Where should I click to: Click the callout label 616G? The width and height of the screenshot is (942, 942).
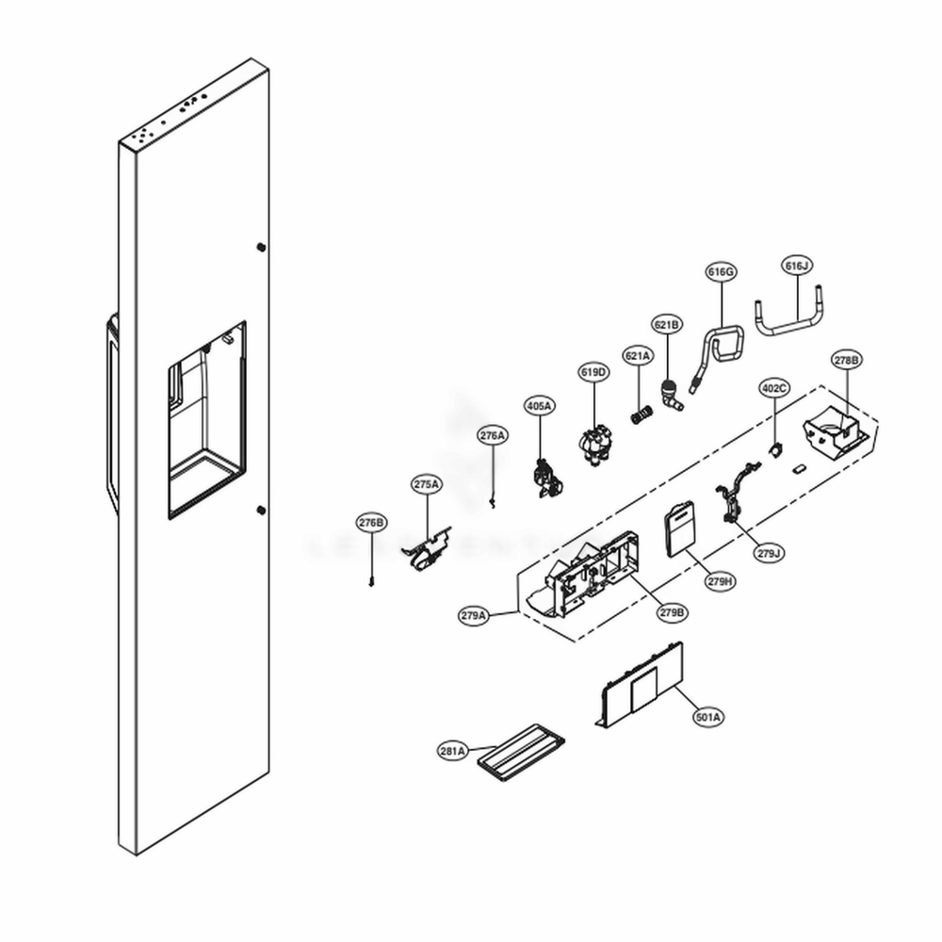(x=721, y=272)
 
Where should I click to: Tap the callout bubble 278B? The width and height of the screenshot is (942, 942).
(x=845, y=360)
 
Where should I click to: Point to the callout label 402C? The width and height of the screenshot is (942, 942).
(x=773, y=388)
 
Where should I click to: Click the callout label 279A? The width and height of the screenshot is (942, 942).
(x=474, y=615)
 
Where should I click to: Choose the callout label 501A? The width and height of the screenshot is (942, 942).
(x=708, y=717)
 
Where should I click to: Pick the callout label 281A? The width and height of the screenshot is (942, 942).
(x=452, y=751)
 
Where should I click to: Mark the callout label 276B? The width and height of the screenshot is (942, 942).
(x=371, y=522)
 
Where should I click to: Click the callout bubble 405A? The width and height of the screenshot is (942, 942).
(x=539, y=405)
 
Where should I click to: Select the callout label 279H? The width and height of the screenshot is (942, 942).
(x=720, y=581)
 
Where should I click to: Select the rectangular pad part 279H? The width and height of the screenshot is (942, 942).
(x=678, y=531)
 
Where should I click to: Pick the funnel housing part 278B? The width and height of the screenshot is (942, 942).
(x=837, y=429)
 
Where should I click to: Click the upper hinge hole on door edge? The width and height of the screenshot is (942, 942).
(x=260, y=247)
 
